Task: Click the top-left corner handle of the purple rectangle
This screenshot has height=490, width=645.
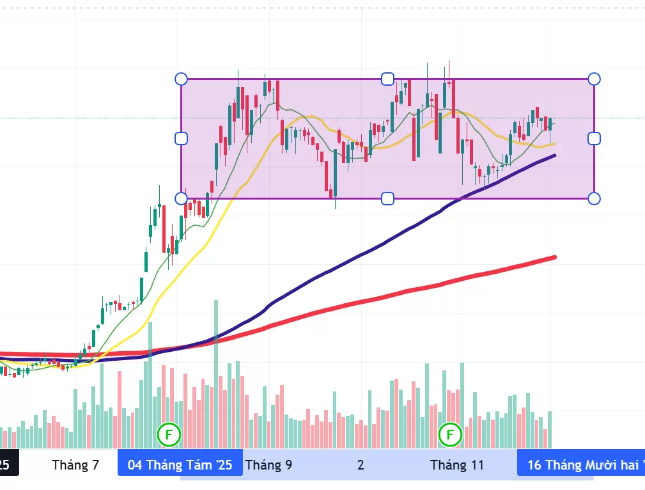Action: (181, 79)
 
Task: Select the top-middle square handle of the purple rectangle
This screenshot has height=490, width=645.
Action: (387, 79)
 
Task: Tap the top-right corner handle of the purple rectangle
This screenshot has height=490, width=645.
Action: (594, 79)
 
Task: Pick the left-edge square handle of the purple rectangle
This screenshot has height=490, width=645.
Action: (181, 138)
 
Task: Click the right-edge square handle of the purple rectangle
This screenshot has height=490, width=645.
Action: (594, 138)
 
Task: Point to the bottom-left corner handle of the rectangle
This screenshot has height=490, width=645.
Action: (181, 198)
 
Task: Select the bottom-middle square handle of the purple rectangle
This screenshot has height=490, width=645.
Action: (387, 198)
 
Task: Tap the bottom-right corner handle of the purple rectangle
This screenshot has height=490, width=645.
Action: (594, 198)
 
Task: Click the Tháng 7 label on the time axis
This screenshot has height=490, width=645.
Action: (75, 464)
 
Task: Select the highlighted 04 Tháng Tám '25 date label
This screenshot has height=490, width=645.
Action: (180, 464)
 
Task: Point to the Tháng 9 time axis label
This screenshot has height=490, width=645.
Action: (268, 464)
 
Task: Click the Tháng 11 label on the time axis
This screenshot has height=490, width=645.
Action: (457, 464)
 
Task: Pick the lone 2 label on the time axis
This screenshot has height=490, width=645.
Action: (361, 464)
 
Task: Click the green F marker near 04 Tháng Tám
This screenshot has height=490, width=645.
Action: (169, 435)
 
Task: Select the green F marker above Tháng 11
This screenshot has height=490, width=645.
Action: (450, 435)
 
